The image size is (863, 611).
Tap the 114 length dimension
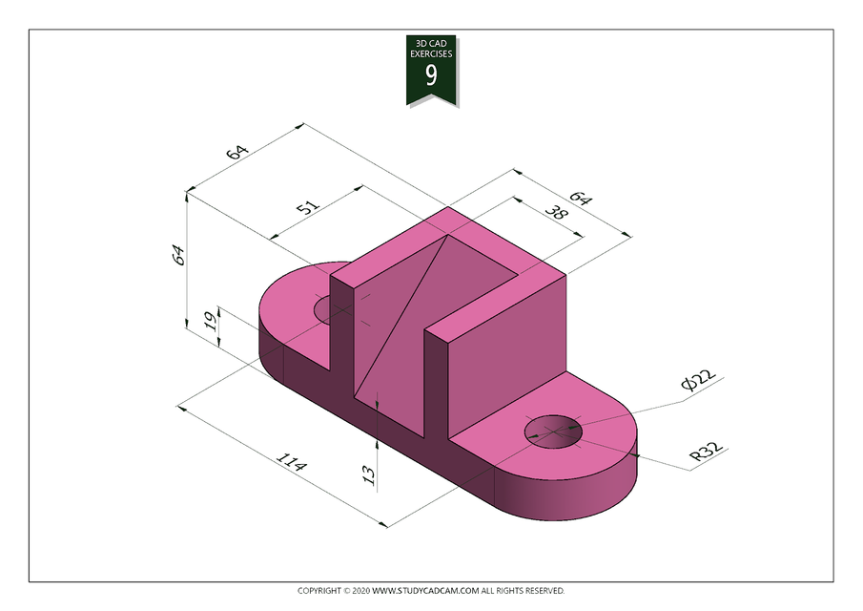pos(292,465)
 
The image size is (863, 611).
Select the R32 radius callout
pos(707,452)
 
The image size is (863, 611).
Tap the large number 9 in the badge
pos(431,75)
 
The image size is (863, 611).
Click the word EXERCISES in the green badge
pos(431,54)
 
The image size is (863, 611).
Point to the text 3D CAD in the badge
pos(431,44)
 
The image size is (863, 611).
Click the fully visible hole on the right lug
pos(553,432)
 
